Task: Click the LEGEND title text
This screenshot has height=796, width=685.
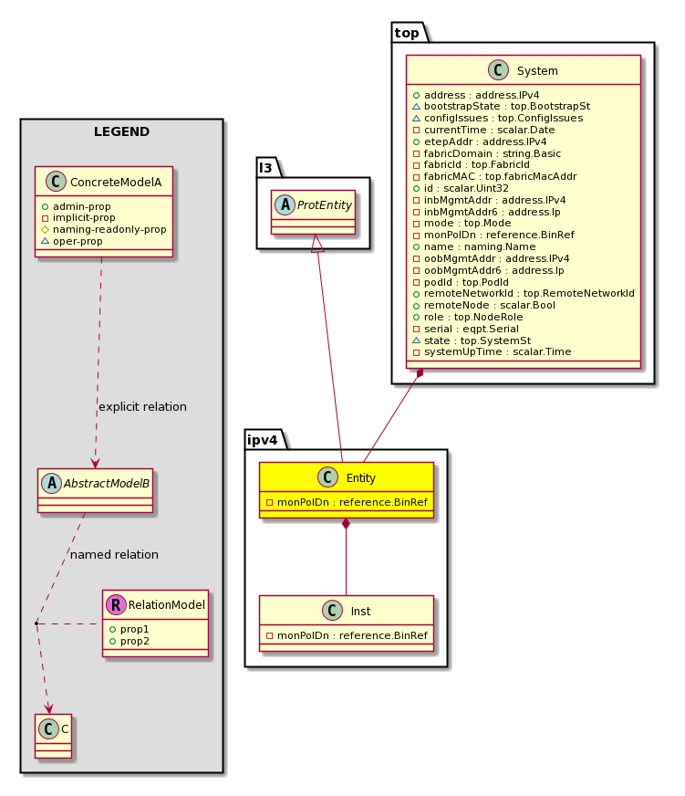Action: (x=122, y=131)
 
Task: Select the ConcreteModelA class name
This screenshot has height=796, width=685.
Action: (x=116, y=183)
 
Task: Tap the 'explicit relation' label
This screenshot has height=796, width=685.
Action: (x=142, y=406)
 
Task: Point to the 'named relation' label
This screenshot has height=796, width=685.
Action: (x=114, y=554)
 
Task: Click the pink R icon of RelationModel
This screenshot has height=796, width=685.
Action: (x=116, y=604)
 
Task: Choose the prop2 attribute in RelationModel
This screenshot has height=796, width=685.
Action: (x=130, y=641)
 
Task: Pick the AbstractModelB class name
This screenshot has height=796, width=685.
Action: (x=107, y=483)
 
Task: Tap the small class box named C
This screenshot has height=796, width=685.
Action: (x=53, y=736)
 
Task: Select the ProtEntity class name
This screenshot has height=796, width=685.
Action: (x=324, y=205)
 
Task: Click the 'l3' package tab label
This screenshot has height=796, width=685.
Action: (x=265, y=168)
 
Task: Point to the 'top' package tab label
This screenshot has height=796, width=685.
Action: (x=407, y=33)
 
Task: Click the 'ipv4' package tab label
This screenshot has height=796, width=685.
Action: (x=263, y=440)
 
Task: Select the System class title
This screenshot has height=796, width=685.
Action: (x=537, y=71)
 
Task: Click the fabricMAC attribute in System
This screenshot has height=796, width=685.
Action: (x=494, y=177)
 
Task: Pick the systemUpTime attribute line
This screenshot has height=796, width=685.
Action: (x=493, y=351)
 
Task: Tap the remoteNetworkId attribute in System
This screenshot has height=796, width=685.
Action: (x=524, y=293)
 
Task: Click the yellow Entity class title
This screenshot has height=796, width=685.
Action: (x=361, y=478)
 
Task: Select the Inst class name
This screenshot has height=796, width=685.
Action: (x=361, y=612)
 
